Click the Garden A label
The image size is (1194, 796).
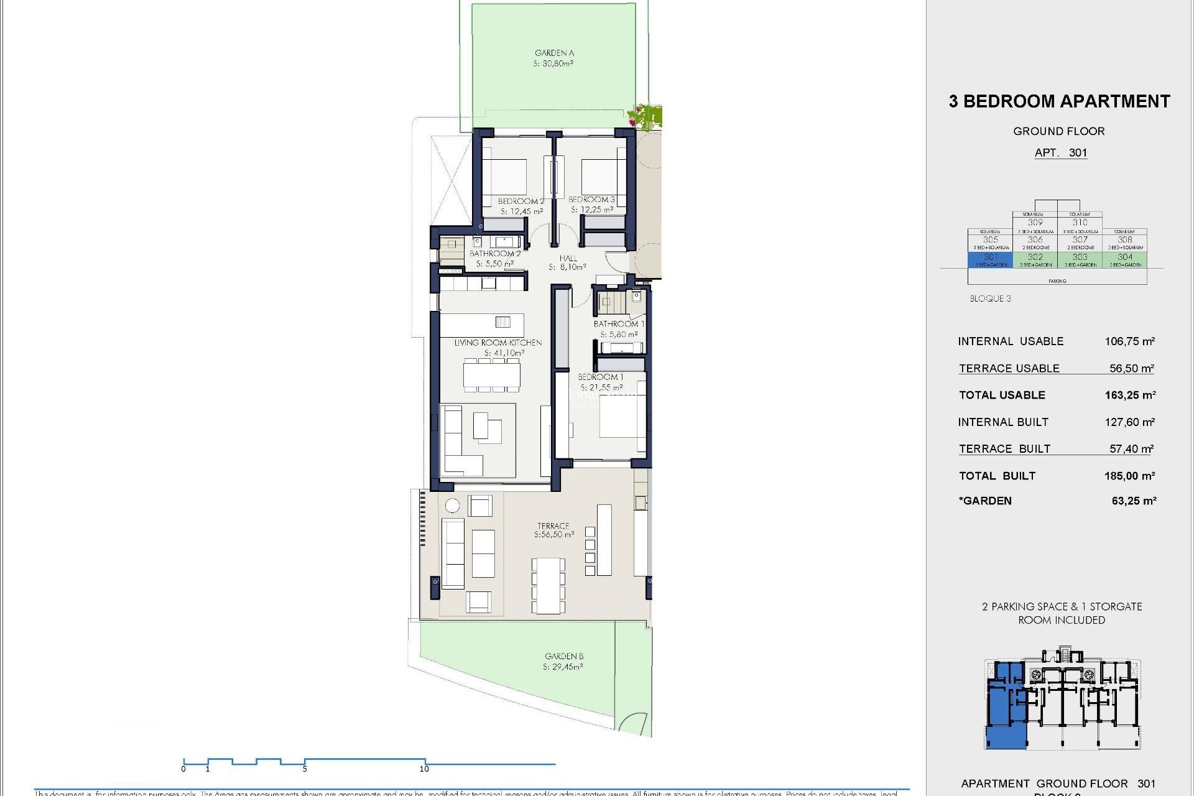[x=554, y=53]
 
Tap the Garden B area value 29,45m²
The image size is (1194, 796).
[x=563, y=667]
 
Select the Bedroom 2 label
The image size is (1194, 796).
[x=521, y=201]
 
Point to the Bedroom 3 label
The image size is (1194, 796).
[x=591, y=200]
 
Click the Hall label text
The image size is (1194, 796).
[x=568, y=258]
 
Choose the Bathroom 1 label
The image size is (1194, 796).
[x=619, y=324]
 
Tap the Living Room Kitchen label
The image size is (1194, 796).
[x=497, y=343]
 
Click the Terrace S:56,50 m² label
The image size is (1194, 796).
[x=553, y=530]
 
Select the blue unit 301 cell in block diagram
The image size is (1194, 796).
[x=991, y=259]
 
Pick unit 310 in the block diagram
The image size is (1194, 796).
[x=1080, y=222]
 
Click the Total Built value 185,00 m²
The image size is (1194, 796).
[x=1129, y=476]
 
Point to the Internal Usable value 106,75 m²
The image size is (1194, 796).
[x=1129, y=341]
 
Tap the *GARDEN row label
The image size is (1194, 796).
[x=985, y=501]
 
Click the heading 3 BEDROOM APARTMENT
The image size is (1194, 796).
[x=1059, y=101]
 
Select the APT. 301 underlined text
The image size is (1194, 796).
[x=1060, y=153]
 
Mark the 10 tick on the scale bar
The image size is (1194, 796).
[x=425, y=769]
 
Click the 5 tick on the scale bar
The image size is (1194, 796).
[x=305, y=769]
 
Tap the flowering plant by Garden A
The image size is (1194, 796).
[x=645, y=116]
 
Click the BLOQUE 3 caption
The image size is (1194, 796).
[x=990, y=298]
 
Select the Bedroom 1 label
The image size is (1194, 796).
[x=600, y=377]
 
